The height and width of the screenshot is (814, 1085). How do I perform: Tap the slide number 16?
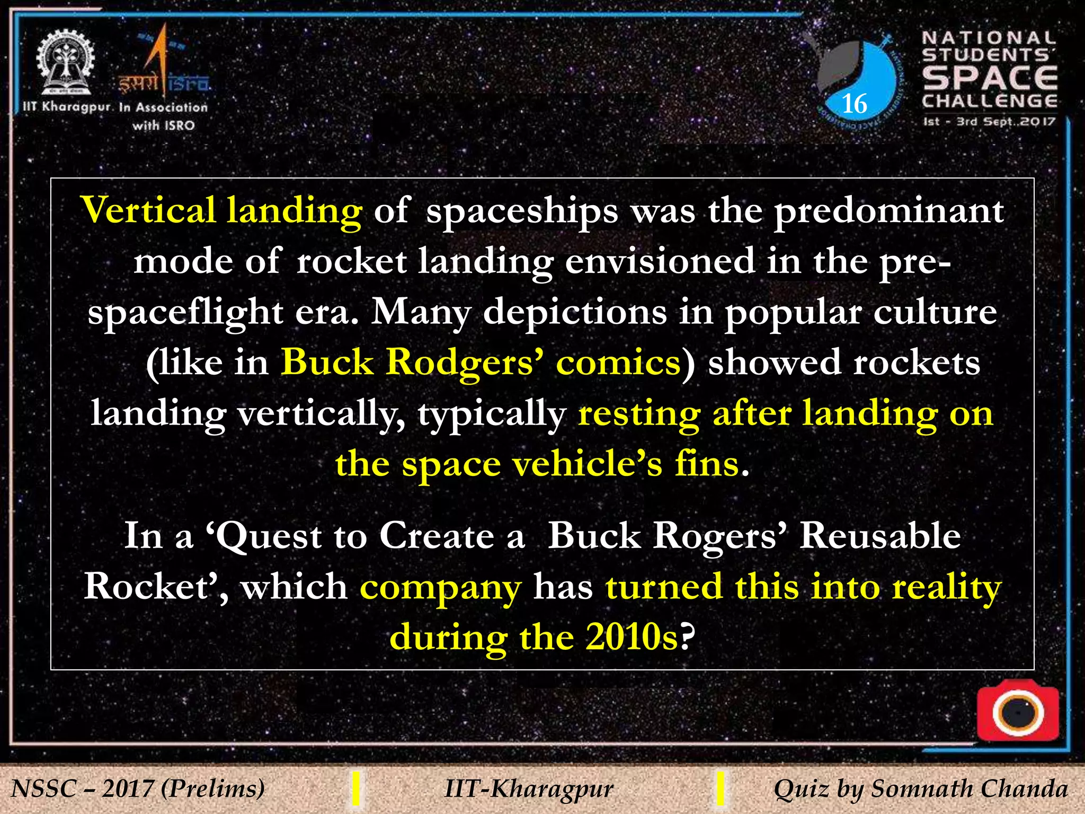tap(854, 103)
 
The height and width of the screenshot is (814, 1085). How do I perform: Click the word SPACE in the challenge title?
tap(990, 78)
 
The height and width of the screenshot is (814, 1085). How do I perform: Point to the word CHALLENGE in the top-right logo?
tap(990, 101)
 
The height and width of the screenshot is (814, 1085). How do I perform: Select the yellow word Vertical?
tap(148, 210)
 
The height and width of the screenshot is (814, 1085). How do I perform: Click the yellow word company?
tap(440, 588)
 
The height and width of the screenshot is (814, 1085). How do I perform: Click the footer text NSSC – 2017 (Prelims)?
tap(138, 789)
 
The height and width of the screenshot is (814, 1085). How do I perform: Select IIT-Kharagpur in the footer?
tap(529, 789)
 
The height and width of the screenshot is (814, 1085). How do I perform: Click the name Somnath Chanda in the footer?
tap(970, 789)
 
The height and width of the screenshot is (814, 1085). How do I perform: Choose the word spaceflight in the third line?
tap(185, 313)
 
